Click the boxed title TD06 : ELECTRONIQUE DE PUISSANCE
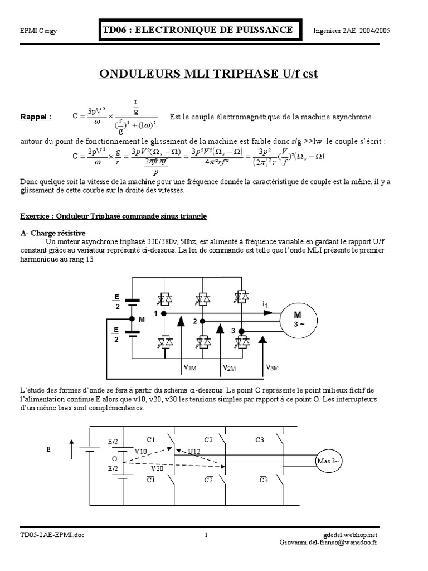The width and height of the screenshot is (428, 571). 197,30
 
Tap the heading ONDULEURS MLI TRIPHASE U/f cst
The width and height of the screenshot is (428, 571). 208,75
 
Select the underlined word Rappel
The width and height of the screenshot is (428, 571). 36,117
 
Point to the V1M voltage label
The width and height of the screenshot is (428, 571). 189,367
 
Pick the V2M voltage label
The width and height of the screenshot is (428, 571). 229,368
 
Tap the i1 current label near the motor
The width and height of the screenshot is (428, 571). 265,304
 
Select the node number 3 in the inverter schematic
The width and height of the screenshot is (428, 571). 233,331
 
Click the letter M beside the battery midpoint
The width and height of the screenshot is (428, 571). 142,320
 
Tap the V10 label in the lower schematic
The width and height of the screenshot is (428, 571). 141,451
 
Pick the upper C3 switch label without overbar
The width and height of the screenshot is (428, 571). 260,439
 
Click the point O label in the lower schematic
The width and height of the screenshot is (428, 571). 114,458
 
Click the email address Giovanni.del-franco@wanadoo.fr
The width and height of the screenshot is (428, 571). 329,543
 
